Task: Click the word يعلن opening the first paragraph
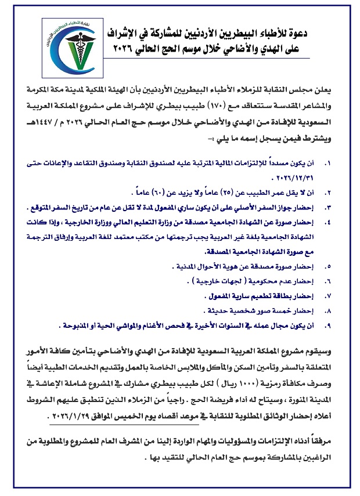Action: pyautogui.click(x=337, y=90)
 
